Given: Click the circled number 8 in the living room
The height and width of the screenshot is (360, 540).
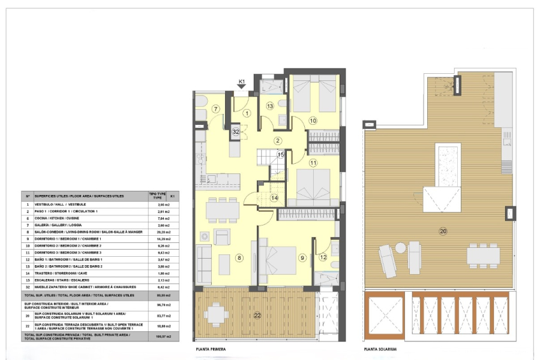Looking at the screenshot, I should click(x=239, y=258).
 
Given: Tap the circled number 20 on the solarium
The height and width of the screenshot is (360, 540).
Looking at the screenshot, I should click(x=443, y=231).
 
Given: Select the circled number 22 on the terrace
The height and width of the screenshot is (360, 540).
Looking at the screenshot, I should click(x=257, y=316).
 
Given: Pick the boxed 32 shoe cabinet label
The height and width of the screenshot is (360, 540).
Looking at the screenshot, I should click(x=236, y=130).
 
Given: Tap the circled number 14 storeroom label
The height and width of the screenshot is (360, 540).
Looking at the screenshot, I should click(x=274, y=197).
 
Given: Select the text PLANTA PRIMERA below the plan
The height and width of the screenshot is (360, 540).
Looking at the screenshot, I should click(x=211, y=349).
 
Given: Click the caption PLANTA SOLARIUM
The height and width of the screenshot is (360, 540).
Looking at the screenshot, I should click(x=380, y=349).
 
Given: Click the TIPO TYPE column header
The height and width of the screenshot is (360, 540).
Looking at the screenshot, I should click(x=157, y=196).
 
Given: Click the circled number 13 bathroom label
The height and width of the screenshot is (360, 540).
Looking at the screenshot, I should click(x=270, y=106).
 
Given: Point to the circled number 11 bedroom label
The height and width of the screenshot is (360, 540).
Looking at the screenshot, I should click(x=313, y=163).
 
